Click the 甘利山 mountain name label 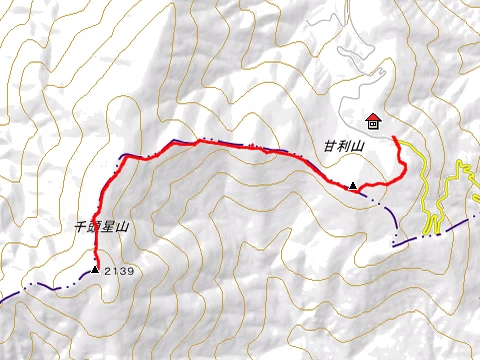[x=342, y=146]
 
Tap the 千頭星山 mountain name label [x=104, y=227]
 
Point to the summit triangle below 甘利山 [x=352, y=185]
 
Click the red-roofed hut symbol [x=373, y=122]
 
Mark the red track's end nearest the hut [x=395, y=137]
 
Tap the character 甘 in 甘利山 [x=329, y=146]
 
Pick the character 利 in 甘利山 [x=342, y=146]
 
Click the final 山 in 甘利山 [x=355, y=146]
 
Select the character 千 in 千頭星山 [x=82, y=227]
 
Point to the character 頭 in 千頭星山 [x=96, y=227]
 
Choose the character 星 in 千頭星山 [x=110, y=227]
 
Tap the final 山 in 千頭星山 [x=124, y=227]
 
